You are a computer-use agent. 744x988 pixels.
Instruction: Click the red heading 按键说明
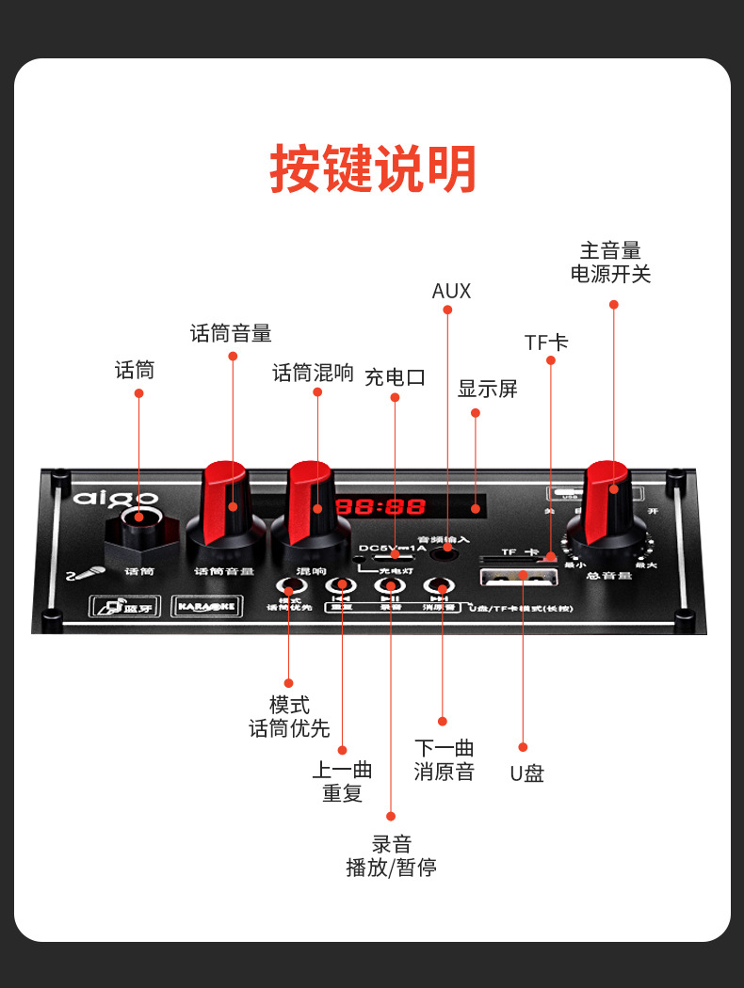[x=373, y=170]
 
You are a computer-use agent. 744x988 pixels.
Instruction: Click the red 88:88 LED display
[x=381, y=506]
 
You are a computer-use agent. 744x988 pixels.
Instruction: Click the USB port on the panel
[x=519, y=576]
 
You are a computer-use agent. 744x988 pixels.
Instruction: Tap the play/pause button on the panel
[x=390, y=586]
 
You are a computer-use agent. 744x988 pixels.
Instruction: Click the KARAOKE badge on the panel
[x=207, y=608]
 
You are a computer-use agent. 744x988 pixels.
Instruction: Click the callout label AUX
[x=451, y=291]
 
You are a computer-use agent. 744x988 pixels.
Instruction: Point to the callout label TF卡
[x=546, y=343]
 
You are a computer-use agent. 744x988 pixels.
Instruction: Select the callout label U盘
[x=527, y=773]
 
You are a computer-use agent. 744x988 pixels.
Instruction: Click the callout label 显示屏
[x=488, y=389]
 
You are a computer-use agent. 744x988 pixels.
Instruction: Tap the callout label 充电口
[x=396, y=377]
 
